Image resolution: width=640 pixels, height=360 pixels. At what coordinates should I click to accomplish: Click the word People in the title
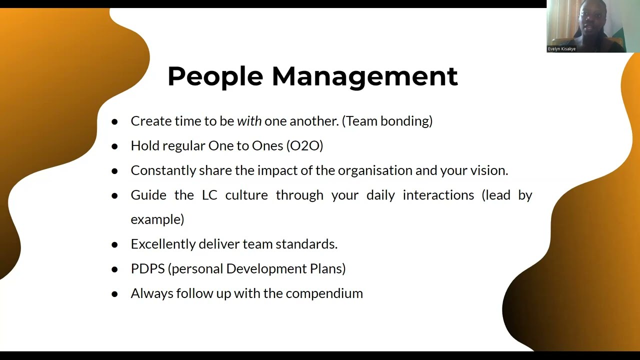[x=215, y=76]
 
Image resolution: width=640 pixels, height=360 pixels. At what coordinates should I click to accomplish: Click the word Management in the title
[x=364, y=76]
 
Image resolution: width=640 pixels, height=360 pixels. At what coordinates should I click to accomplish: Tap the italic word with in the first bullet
[x=249, y=121]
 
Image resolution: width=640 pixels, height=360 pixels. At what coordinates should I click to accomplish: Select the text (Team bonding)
[x=387, y=121]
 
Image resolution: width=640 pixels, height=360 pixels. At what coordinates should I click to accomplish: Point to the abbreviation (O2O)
[x=304, y=145]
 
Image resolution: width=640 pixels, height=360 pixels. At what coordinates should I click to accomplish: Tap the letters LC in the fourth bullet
[x=209, y=195]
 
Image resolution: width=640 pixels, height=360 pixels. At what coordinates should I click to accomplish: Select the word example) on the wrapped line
[x=157, y=219]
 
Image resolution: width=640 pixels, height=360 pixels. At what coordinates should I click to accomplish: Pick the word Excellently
[x=162, y=244]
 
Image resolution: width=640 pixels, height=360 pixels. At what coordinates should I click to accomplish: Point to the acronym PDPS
[x=147, y=268]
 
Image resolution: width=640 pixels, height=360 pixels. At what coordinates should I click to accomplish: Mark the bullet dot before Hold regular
[x=114, y=146]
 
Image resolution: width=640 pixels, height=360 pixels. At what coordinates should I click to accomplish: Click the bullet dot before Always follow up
[x=114, y=294]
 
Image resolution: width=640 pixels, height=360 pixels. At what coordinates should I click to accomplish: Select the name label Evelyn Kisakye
[x=561, y=49]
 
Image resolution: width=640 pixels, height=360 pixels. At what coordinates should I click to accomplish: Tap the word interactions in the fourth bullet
[x=438, y=195]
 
